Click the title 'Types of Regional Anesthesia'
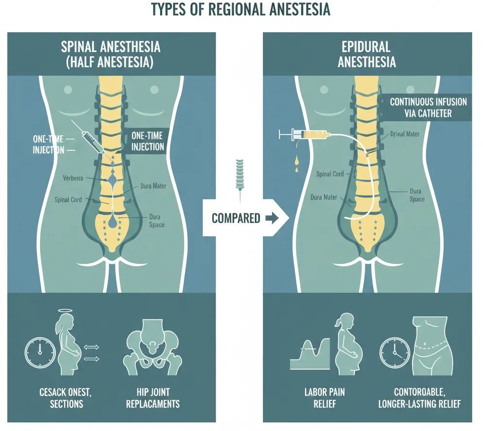point(241,10)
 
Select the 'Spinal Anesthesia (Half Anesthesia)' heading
point(110,55)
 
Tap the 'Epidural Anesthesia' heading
point(367,55)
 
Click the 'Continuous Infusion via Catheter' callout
point(428,108)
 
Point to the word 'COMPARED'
point(236,218)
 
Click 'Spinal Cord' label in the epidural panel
point(330,174)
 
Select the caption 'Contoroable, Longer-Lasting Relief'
point(421,398)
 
